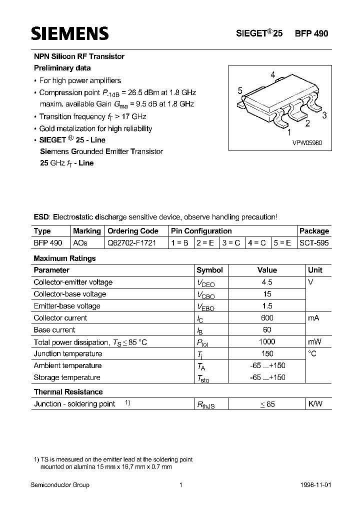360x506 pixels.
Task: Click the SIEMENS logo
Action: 69,33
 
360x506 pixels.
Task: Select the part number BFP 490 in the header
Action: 311,33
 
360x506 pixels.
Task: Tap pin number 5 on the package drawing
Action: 240,90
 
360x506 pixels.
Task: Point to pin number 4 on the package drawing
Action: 272,75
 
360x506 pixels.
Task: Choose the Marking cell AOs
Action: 80,243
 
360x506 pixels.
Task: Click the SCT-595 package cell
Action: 314,243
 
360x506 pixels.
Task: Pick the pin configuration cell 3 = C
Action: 231,243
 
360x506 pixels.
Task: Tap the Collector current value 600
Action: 267,318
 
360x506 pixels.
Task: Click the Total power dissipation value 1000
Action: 267,342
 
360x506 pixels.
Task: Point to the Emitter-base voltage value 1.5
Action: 267,306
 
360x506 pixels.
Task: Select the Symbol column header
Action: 209,270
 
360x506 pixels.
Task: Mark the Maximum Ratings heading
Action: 64,258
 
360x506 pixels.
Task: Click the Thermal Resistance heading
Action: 68,392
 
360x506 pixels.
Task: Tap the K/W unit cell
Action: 316,404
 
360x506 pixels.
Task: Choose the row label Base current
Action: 54,330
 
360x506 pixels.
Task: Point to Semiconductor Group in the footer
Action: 60,485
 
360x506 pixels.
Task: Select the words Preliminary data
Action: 62,68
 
